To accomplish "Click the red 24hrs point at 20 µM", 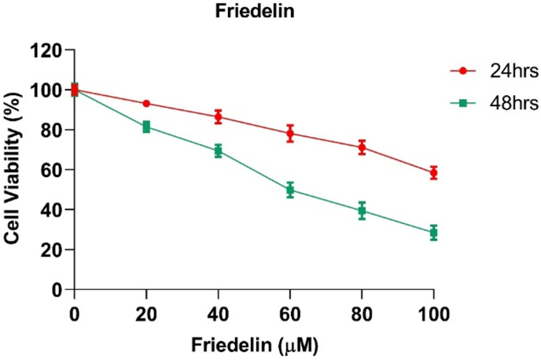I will (146, 104).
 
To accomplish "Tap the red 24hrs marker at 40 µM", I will (218, 117).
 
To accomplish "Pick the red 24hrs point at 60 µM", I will (290, 134).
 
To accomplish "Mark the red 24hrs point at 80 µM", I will (362, 147).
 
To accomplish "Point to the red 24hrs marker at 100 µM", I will (433, 172).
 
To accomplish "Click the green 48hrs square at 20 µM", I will (146, 127).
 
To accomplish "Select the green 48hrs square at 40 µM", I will (218, 150).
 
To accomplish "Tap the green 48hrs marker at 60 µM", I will (290, 189).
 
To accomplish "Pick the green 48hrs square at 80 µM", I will (362, 211).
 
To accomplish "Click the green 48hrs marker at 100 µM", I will (433, 232).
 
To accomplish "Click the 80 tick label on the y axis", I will (52, 130).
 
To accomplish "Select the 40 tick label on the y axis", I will (52, 210).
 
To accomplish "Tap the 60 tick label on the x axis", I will (290, 314).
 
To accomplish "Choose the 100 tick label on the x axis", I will (433, 314).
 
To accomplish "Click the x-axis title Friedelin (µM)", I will (252, 343).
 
